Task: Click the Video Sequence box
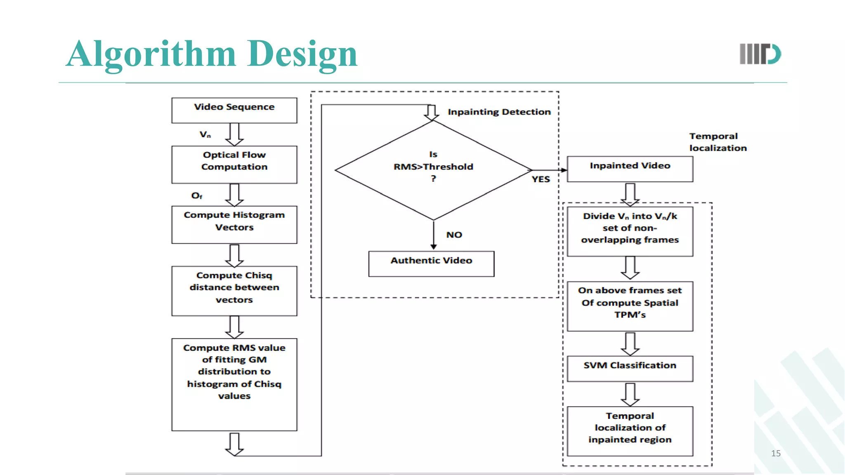[x=234, y=110]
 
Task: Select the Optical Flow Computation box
[x=234, y=164]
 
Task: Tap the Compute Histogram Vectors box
[x=234, y=224]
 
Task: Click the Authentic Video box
[x=431, y=263]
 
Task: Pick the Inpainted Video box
[x=630, y=169]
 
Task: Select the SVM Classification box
[x=630, y=368]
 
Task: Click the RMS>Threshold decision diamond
[x=433, y=169]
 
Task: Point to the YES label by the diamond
[x=541, y=179]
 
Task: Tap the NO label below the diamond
[x=454, y=235]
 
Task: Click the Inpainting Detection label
[x=499, y=112]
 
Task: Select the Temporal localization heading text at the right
[x=718, y=142]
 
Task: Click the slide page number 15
[x=776, y=453]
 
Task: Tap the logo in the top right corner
[x=760, y=54]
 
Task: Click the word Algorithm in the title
[x=151, y=54]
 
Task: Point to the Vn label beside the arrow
[x=205, y=134]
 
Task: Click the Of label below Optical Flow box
[x=197, y=195]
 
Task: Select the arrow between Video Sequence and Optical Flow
[x=234, y=134]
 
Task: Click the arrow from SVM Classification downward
[x=630, y=394]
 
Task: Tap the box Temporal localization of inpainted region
[x=630, y=430]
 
